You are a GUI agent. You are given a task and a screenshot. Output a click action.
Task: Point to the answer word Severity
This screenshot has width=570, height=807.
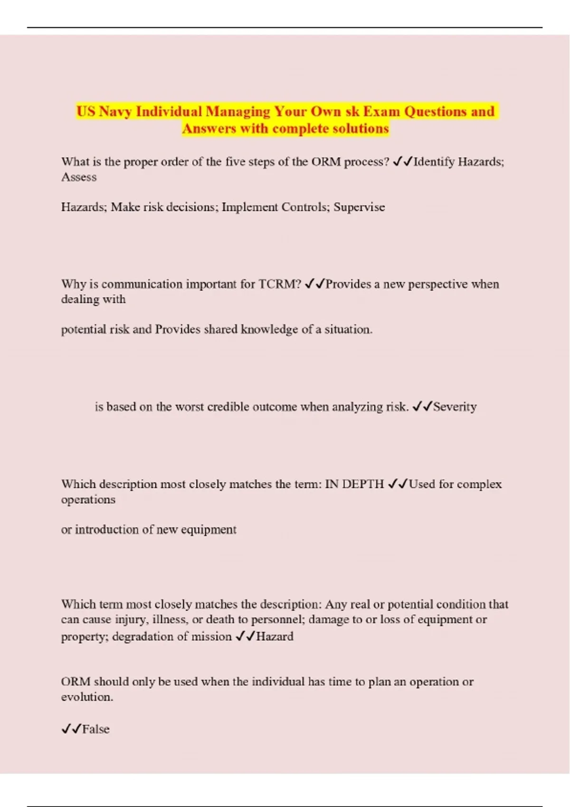(x=455, y=407)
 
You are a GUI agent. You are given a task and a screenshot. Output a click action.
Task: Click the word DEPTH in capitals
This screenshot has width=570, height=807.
(x=362, y=484)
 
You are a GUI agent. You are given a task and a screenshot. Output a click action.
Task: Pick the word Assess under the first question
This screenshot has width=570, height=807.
(x=79, y=177)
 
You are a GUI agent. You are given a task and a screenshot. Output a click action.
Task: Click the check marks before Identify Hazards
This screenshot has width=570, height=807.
(x=402, y=162)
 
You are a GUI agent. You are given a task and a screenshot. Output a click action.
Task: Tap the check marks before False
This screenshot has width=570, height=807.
(x=71, y=729)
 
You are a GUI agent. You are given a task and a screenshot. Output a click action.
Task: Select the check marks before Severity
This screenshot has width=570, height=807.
(x=422, y=407)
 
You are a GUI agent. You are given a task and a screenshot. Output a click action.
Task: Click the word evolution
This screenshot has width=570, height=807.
(x=86, y=697)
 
